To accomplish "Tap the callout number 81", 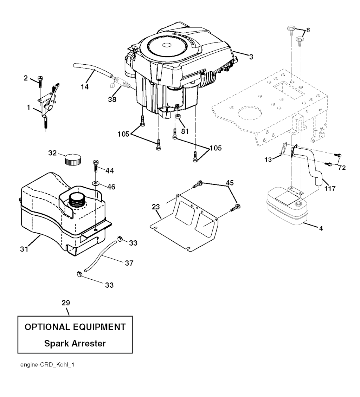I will pos(185,131).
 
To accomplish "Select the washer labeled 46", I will pos(96,183).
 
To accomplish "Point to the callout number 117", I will pos(330,188).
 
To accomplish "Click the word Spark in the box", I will pos(58,343).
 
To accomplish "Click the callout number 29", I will pos(66,302).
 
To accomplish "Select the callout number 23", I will pos(156,207).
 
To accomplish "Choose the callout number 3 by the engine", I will pos(250,57).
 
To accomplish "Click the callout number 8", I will pos(308,30).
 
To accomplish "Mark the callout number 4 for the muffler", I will pos(320,228).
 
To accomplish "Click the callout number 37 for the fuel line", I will pos(129,263).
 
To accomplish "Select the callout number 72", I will pos(341,168).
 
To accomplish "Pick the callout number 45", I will pos(230,182).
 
